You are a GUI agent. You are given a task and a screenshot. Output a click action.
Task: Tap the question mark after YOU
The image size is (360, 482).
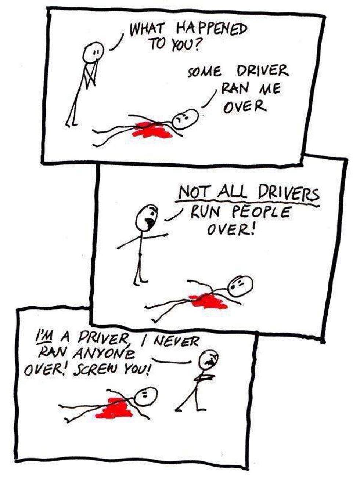coord(196,45)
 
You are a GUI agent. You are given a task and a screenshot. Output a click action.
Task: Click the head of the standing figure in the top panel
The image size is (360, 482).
coord(94,52)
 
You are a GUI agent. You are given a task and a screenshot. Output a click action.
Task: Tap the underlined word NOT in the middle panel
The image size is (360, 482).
coord(194,192)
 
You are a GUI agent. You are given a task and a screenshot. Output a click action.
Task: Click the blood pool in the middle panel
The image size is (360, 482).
coord(208,301)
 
